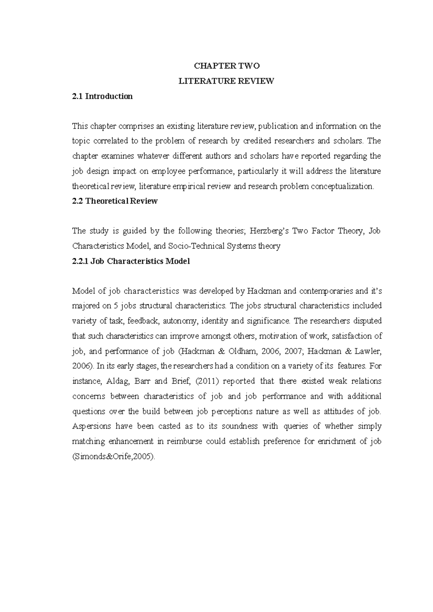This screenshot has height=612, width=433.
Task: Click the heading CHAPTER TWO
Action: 227,66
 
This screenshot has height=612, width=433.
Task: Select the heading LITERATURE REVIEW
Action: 227,81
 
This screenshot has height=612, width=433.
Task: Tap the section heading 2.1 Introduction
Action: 102,96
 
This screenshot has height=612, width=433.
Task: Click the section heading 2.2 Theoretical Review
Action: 115,201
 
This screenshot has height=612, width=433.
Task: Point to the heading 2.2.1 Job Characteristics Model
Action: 131,261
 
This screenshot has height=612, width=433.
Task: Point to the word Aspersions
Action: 92,426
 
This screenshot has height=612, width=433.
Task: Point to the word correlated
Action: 109,141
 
